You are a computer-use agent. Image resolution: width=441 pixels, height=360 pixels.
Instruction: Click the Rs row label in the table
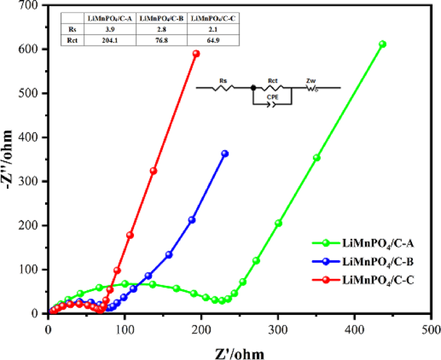72,30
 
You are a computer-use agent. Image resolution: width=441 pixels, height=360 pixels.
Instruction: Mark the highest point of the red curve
196,53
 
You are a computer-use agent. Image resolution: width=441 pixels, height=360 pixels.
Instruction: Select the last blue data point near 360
225,153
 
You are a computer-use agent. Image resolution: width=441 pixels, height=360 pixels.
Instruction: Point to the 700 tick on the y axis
30,5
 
